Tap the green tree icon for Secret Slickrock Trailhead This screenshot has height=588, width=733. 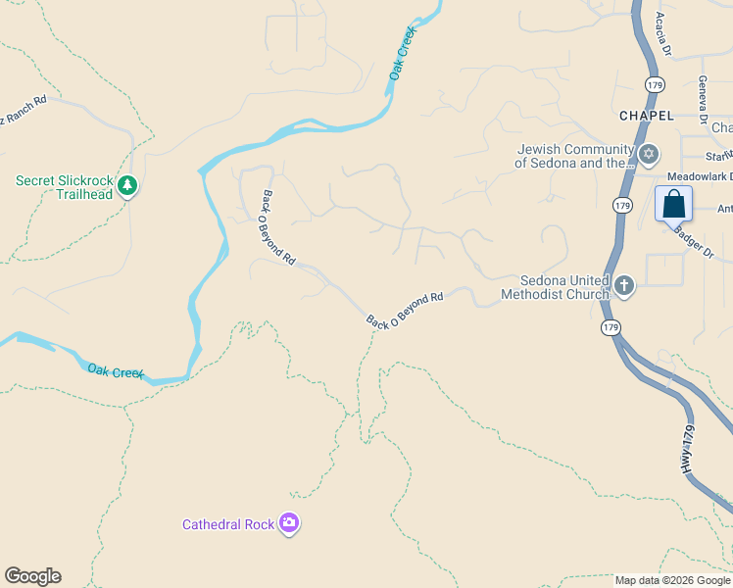pos(126,185)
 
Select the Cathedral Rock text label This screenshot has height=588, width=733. pos(228,524)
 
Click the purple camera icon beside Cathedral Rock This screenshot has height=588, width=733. pos(289,524)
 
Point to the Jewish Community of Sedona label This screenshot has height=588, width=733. pos(573,157)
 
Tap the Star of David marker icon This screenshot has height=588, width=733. pos(648,155)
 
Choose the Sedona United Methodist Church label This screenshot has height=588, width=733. pos(554,287)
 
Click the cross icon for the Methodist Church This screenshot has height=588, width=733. pos(624,286)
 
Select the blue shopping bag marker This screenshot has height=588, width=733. pos(673,205)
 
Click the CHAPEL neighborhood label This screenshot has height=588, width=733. pos(647,116)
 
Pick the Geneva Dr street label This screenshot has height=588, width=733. pos(703,99)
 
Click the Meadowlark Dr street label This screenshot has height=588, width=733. pos(700,176)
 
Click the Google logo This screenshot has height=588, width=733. pos(32,576)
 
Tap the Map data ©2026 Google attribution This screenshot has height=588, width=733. pos(672,580)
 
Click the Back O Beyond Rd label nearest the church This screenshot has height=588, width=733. pos(405,309)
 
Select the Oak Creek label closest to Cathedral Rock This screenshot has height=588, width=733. pos(116,371)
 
